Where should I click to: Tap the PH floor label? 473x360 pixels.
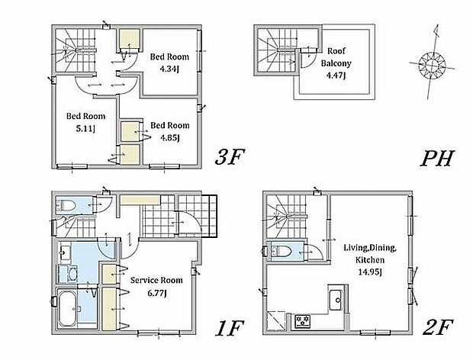tap(437, 159)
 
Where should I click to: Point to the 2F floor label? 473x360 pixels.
tap(438, 328)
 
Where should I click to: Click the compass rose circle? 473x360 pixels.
tap(432, 66)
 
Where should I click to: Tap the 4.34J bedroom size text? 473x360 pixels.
tap(169, 69)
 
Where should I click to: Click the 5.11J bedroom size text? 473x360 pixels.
tap(85, 129)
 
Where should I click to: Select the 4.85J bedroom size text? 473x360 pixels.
tap(170, 138)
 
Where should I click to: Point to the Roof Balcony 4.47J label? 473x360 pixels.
tap(336, 63)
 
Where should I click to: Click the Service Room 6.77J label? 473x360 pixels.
tap(156, 287)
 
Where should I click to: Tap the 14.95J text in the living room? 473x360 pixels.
tap(370, 272)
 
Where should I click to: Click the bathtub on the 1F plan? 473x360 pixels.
tap(68, 307)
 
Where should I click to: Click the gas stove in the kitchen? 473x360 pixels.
tap(303, 321)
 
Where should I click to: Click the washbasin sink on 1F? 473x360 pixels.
tap(65, 252)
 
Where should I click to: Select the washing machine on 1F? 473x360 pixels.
tap(68, 274)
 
